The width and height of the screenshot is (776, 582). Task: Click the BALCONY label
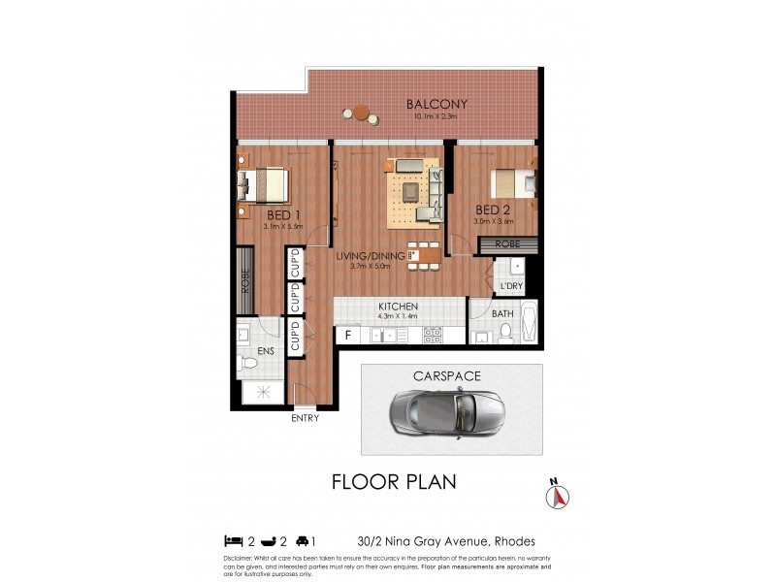click(436, 104)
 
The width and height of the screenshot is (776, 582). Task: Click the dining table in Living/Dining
click(423, 255)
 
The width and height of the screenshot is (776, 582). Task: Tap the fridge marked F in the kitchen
click(348, 335)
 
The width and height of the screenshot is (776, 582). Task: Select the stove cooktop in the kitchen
click(433, 335)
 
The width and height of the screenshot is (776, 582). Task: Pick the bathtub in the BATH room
click(528, 323)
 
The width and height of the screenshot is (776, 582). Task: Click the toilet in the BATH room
click(504, 333)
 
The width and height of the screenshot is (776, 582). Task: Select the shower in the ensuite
click(259, 392)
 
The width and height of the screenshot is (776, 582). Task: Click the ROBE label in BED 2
click(506, 245)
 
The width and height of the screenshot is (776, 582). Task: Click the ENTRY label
click(305, 419)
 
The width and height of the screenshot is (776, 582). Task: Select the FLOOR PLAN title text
click(394, 481)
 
